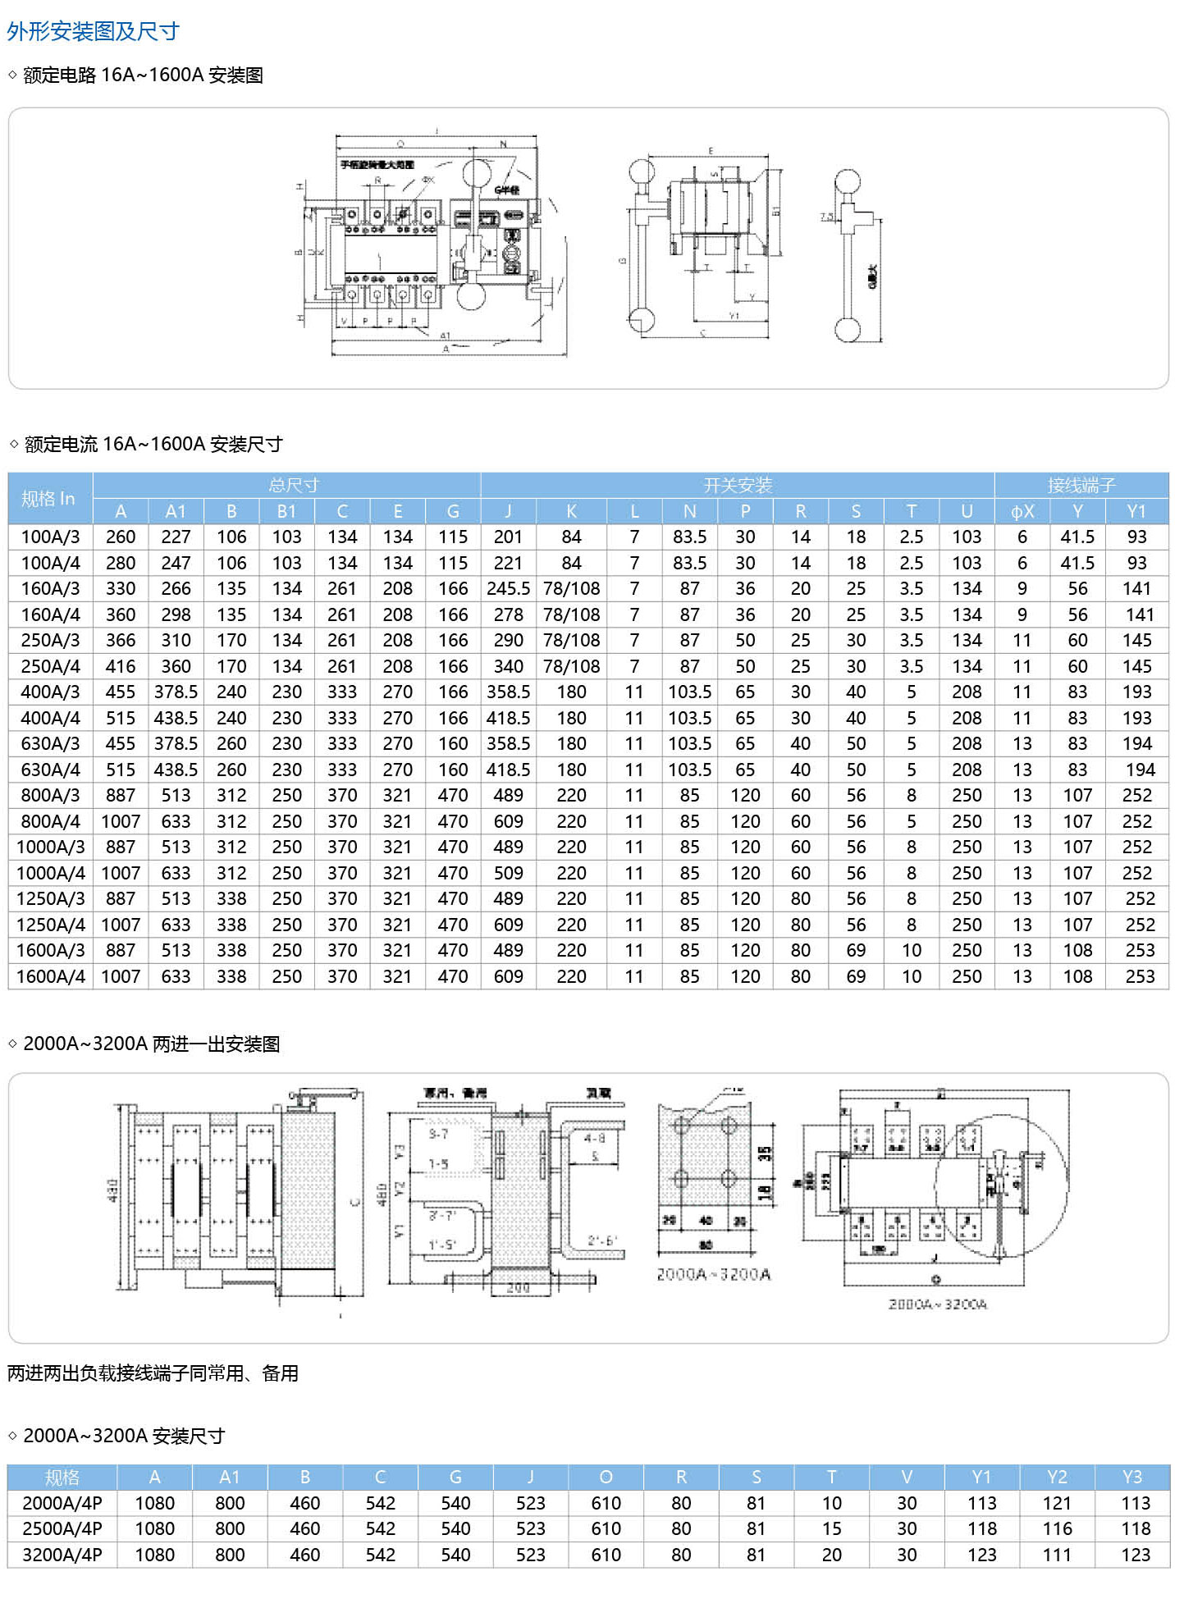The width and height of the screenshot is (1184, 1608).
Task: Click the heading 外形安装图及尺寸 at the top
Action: (x=93, y=31)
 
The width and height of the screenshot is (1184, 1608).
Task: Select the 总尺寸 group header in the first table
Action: (x=294, y=485)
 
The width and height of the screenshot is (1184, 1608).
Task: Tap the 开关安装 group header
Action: (x=738, y=485)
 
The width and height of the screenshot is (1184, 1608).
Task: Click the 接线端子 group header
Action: (x=1081, y=485)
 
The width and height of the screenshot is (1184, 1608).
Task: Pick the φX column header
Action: (x=1022, y=511)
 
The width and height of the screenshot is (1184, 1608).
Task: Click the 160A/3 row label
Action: (x=50, y=588)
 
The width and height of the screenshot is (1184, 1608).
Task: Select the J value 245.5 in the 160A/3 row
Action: (x=508, y=588)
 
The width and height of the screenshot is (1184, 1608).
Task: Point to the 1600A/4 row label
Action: (x=50, y=976)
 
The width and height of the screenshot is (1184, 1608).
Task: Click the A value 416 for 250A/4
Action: (x=121, y=666)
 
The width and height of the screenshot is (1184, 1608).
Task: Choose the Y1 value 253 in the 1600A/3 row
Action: (x=1139, y=950)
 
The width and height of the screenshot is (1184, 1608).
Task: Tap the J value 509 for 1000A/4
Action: (x=508, y=873)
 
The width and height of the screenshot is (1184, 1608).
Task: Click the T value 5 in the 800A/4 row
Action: (x=912, y=821)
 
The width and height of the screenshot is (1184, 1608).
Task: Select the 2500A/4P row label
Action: (x=62, y=1528)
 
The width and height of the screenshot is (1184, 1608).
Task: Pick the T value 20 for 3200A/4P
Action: (x=831, y=1555)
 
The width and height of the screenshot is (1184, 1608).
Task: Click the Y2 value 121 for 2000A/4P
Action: (x=1057, y=1503)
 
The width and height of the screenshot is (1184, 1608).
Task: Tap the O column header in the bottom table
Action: (x=606, y=1477)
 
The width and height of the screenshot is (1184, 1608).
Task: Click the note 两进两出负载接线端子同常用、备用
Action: (x=153, y=1373)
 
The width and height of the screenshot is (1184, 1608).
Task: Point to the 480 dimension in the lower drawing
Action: (x=382, y=1193)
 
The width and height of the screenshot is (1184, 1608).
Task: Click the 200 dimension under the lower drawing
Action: (x=518, y=1287)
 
